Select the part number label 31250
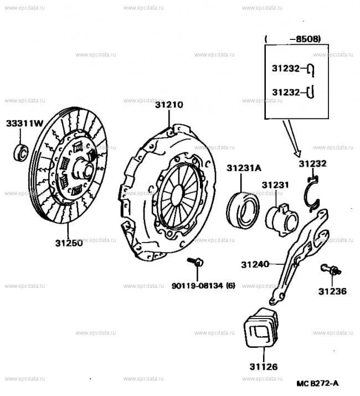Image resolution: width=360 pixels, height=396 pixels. (69, 243)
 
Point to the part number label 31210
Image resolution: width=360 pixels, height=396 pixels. (169, 105)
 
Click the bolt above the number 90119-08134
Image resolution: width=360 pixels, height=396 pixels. (197, 263)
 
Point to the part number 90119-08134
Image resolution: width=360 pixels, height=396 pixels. (197, 286)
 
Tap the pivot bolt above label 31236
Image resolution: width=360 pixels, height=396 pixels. (330, 270)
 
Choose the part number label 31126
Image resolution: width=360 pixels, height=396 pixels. (263, 367)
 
